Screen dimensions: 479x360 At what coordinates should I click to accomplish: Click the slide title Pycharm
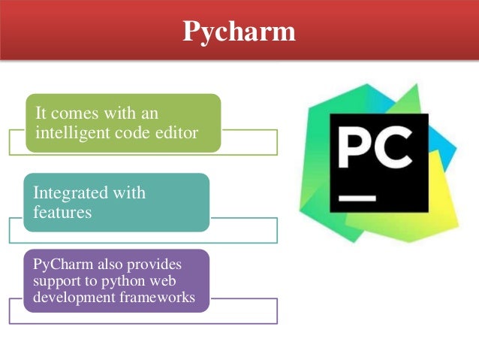click(x=239, y=32)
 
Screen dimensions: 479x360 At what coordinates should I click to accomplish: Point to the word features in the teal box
click(x=62, y=212)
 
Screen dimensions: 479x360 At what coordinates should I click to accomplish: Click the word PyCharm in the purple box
click(x=59, y=265)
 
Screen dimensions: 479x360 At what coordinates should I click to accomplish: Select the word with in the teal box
click(x=128, y=193)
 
